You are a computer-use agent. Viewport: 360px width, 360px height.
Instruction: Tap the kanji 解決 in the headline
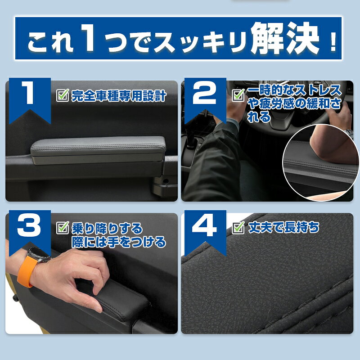tap(285, 38)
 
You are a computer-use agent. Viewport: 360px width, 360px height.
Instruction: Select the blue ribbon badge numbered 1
tap(30, 100)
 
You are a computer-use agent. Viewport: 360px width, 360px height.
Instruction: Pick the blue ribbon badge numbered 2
tap(205, 100)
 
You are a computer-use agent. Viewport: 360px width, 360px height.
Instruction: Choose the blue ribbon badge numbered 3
tap(30, 232)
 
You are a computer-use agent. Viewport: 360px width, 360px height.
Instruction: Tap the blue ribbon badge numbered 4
tap(205, 232)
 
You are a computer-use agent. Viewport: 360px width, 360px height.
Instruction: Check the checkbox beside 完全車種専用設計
tap(63, 95)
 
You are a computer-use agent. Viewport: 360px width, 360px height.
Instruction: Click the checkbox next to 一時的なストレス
tap(238, 95)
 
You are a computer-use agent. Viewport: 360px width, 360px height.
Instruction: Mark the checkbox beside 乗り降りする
tap(63, 228)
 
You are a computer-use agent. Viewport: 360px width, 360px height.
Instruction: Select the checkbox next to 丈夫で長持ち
tap(238, 228)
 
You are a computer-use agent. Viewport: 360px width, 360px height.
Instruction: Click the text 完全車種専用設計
tap(119, 96)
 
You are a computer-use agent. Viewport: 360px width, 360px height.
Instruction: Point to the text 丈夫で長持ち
tap(284, 228)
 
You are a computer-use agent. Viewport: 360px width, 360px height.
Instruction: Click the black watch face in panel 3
tap(39, 255)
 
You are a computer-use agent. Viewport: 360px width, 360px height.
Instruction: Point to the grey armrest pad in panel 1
tap(98, 150)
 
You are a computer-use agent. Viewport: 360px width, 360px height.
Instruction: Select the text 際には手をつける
tap(119, 242)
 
